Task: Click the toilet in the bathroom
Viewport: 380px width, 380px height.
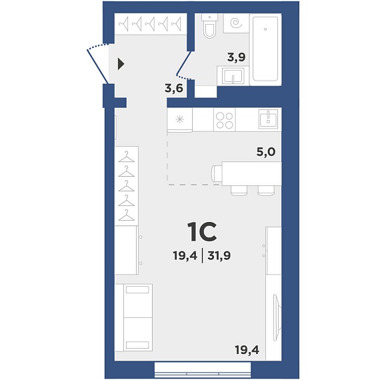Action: pyautogui.click(x=209, y=26)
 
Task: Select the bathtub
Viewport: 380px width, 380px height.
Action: pyautogui.click(x=265, y=49)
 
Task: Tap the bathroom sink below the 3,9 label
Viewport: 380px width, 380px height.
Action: pyautogui.click(x=233, y=76)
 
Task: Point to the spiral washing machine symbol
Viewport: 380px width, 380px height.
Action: pyautogui.click(x=237, y=23)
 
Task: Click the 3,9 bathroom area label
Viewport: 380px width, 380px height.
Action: pyautogui.click(x=236, y=57)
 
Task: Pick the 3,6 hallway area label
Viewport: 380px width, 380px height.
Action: pyautogui.click(x=174, y=88)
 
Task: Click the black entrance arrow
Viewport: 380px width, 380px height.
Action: pyautogui.click(x=121, y=64)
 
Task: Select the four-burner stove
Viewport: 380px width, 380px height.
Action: pyautogui.click(x=225, y=120)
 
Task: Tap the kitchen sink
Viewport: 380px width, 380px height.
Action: pyautogui.click(x=268, y=119)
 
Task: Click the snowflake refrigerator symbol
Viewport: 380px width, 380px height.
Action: pyautogui.click(x=179, y=119)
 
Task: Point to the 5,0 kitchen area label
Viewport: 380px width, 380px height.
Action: pyautogui.click(x=266, y=152)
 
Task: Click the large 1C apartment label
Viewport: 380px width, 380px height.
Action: pyautogui.click(x=202, y=232)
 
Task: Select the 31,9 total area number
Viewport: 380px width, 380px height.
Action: pyautogui.click(x=219, y=256)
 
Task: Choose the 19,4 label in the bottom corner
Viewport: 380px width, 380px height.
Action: pyautogui.click(x=247, y=350)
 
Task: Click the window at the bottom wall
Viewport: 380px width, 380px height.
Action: pyautogui.click(x=203, y=370)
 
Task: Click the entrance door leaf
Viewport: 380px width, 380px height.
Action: pyautogui.click(x=97, y=66)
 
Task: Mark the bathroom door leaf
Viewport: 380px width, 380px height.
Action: pyautogui.click(x=184, y=63)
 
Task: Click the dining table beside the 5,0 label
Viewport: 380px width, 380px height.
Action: pyautogui.click(x=251, y=173)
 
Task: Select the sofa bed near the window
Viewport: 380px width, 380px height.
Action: pyautogui.click(x=133, y=318)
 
